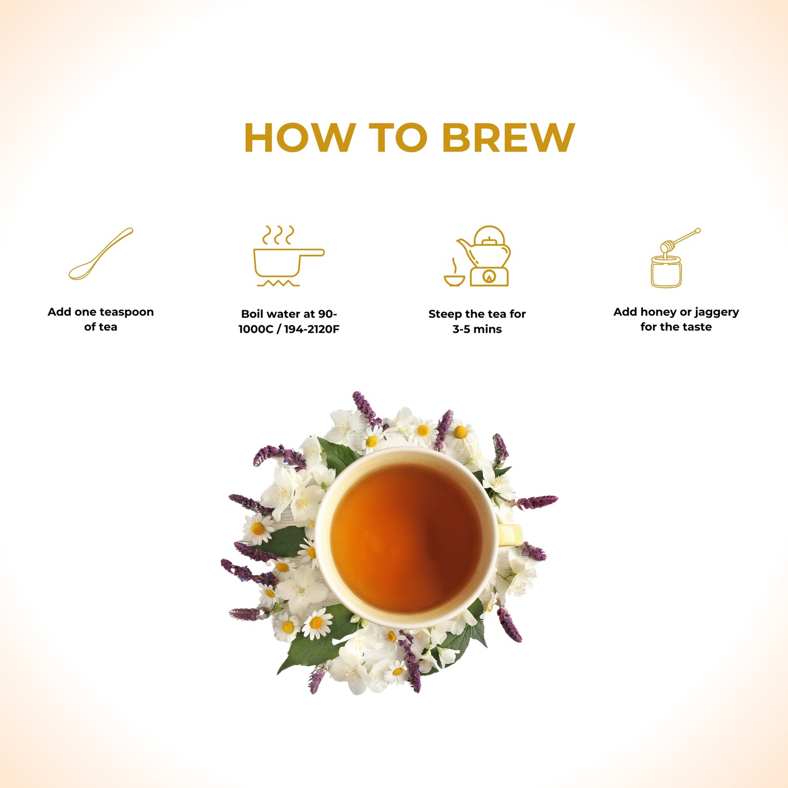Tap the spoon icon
tap(100, 254)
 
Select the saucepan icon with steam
tap(288, 256)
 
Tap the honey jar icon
tap(666, 272)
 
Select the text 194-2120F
tap(311, 329)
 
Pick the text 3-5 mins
tap(477, 329)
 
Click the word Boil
tap(251, 314)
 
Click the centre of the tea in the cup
tap(406, 537)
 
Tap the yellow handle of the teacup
tap(510, 534)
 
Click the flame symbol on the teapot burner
tap(488, 277)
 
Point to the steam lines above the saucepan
tap(278, 234)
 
